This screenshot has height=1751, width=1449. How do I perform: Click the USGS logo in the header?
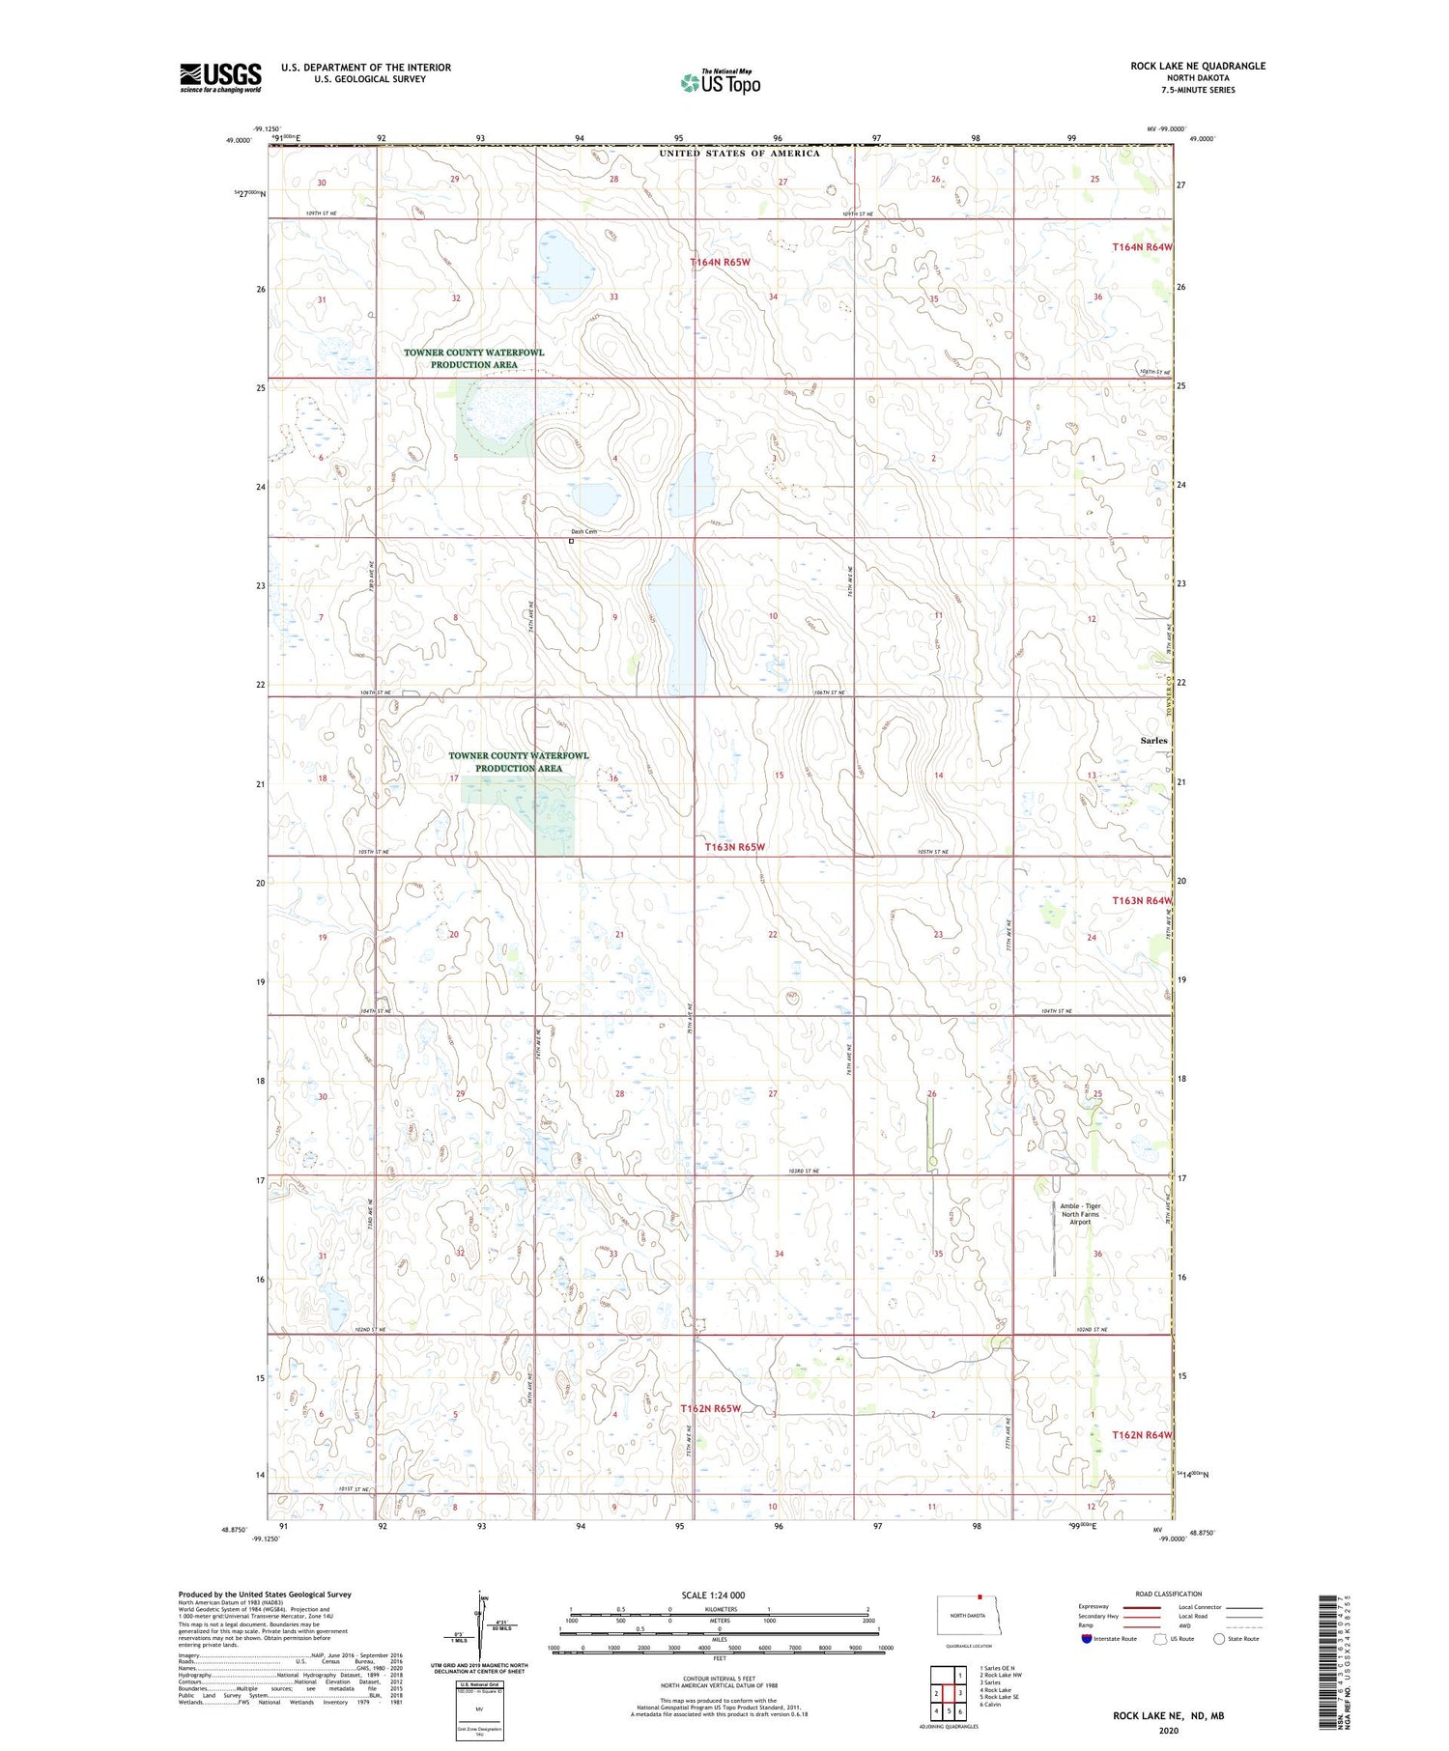point(220,77)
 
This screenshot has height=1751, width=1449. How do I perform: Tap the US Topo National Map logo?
point(721,82)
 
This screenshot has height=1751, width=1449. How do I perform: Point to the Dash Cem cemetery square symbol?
point(571,541)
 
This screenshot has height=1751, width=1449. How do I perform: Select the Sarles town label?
point(1153,740)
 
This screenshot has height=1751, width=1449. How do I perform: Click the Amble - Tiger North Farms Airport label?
point(1080,1213)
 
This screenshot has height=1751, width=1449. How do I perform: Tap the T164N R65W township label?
point(721,262)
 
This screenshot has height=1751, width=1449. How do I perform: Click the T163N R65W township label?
point(735,847)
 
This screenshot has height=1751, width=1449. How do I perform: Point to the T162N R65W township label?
point(710,1408)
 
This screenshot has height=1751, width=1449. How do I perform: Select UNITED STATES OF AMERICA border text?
point(739,153)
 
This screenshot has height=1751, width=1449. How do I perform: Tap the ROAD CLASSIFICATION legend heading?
point(1168,1594)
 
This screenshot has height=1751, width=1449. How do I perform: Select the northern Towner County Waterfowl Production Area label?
point(473,358)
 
